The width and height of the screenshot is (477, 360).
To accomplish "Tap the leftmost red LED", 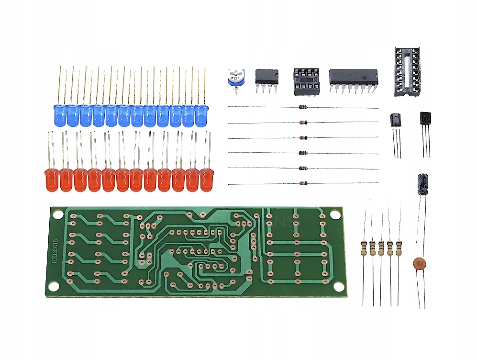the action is tap(51, 180).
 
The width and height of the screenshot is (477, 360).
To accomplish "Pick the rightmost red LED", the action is tap(207, 180).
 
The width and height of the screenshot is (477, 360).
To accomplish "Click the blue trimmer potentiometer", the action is tap(236, 78).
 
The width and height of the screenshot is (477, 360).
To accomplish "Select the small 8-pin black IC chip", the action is tap(266, 77).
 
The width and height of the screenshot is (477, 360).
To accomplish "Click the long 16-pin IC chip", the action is tap(353, 77).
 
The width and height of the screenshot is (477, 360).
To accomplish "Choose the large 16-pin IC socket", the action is tap(409, 72).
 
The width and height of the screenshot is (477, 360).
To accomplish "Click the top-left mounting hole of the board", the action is tap(56, 214).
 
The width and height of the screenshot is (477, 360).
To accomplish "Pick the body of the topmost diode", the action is tap(302, 107).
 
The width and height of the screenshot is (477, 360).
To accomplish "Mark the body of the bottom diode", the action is tap(302, 183).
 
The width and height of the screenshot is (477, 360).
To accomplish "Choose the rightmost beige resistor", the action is tap(399, 248).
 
